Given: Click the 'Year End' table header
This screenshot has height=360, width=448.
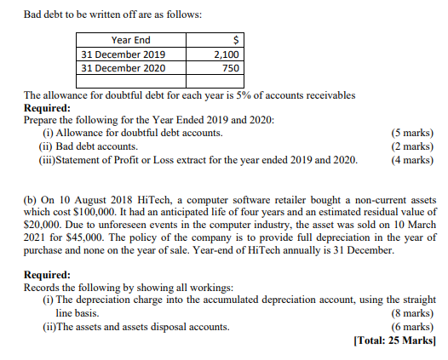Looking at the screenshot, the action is click(x=130, y=40).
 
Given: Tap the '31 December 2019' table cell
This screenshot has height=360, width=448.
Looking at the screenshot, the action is click(x=123, y=54).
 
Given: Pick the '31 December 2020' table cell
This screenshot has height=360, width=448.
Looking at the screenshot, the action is click(x=123, y=67).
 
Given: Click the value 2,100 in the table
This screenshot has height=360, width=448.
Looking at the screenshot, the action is click(x=227, y=54).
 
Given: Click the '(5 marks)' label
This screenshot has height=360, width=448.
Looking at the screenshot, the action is click(x=411, y=133).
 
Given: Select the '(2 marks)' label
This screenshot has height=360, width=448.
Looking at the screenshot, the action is click(x=411, y=146).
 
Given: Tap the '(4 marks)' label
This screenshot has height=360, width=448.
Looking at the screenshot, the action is click(x=411, y=158).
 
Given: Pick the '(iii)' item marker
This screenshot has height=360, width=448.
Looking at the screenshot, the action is click(x=50, y=158).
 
